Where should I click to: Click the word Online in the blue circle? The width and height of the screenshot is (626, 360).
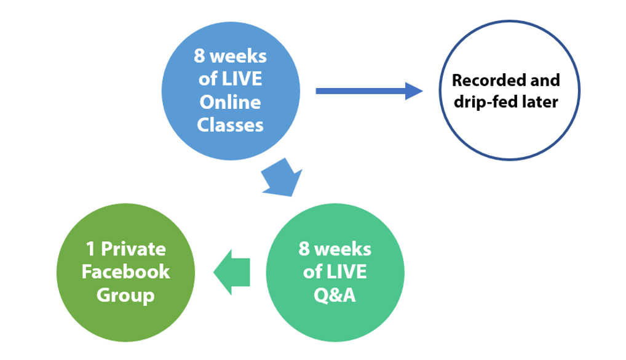[231, 102]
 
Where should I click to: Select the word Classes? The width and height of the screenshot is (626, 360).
[231, 125]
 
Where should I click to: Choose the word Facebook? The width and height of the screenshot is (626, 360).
[125, 272]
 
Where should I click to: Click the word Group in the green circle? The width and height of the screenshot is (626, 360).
[125, 295]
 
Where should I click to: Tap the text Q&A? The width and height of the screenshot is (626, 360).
[335, 295]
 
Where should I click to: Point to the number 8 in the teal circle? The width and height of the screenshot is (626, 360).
[304, 249]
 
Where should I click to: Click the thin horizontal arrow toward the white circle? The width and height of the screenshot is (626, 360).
[369, 92]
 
